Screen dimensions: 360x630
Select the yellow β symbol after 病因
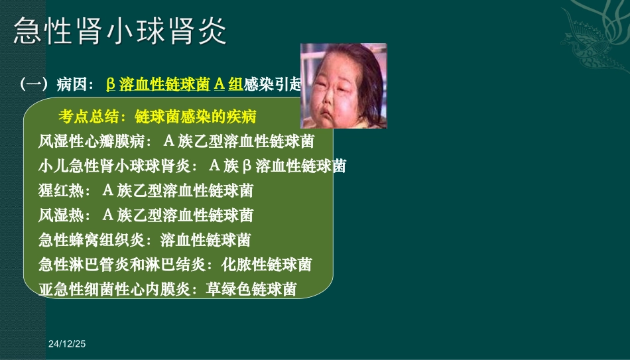(111, 84)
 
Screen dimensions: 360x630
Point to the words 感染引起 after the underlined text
(273, 84)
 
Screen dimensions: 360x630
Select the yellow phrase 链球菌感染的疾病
(196, 117)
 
